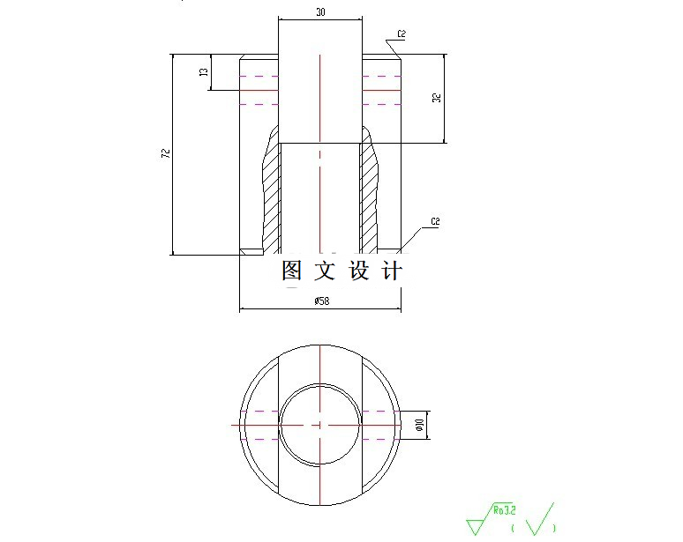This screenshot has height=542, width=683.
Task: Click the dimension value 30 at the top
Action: pyautogui.click(x=319, y=11)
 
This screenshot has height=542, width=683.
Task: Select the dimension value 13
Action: pyautogui.click(x=204, y=73)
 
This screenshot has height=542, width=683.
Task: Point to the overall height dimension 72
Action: pyautogui.click(x=165, y=153)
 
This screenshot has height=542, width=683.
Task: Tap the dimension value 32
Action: pyautogui.click(x=436, y=98)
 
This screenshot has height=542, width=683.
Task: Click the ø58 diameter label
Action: pyautogui.click(x=321, y=301)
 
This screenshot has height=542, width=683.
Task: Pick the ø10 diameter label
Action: pyautogui.click(x=419, y=425)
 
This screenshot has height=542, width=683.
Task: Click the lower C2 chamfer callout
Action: pyautogui.click(x=435, y=220)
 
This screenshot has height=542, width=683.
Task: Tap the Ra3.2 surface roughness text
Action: pyautogui.click(x=504, y=509)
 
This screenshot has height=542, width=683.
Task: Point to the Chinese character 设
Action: pyautogui.click(x=359, y=271)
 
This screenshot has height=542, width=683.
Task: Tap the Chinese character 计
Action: pyautogui.click(x=392, y=271)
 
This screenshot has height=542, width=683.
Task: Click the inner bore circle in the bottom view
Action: pyautogui.click(x=319, y=384)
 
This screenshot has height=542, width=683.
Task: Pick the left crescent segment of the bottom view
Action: pyautogui.click(x=258, y=425)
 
